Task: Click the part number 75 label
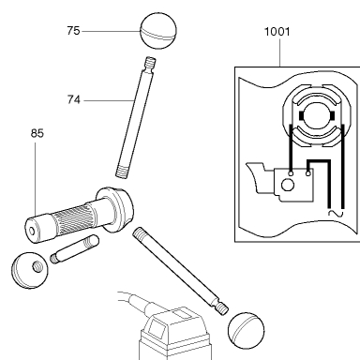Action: tap(73, 31)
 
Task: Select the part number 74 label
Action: tap(74, 100)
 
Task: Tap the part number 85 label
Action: tap(37, 133)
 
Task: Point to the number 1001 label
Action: tap(277, 32)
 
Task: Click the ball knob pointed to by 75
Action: tap(158, 31)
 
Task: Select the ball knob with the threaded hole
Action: tap(30, 270)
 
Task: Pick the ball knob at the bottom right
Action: tap(247, 330)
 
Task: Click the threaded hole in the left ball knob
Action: tap(37, 267)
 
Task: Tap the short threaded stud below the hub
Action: tap(75, 249)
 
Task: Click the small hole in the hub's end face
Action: tap(32, 232)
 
